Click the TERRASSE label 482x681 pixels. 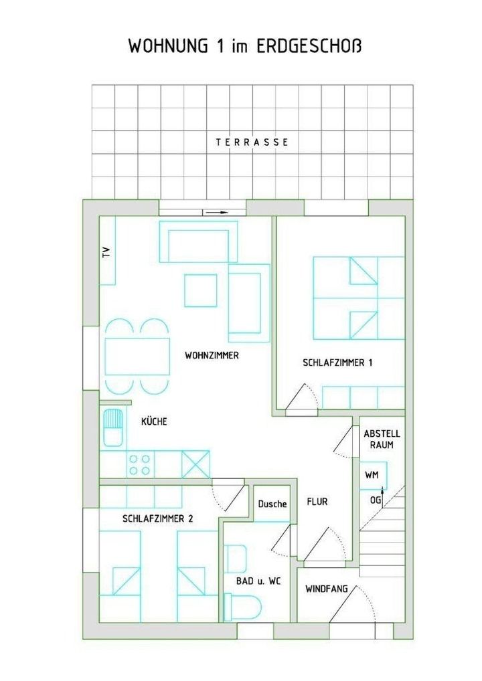point(252,142)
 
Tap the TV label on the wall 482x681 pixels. point(106,252)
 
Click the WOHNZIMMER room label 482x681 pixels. point(212,355)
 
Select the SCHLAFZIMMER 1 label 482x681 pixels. point(337,362)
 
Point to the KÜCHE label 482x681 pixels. point(154,421)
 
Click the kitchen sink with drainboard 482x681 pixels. point(112,427)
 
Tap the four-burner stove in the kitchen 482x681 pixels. point(140,464)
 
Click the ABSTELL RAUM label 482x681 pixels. point(382,439)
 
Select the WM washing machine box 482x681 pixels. point(373,475)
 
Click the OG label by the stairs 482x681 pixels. point(376,500)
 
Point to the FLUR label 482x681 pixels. point(317,502)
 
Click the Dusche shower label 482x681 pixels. point(272,504)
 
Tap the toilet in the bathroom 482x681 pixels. point(242,607)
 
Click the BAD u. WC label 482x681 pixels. point(258,581)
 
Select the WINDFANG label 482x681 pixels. point(327,589)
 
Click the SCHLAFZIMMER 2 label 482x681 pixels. point(158,518)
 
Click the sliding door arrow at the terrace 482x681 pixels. point(216,212)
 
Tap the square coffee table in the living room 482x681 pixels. point(200,290)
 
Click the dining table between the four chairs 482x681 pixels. point(137,357)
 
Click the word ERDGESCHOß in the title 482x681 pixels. point(309,46)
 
